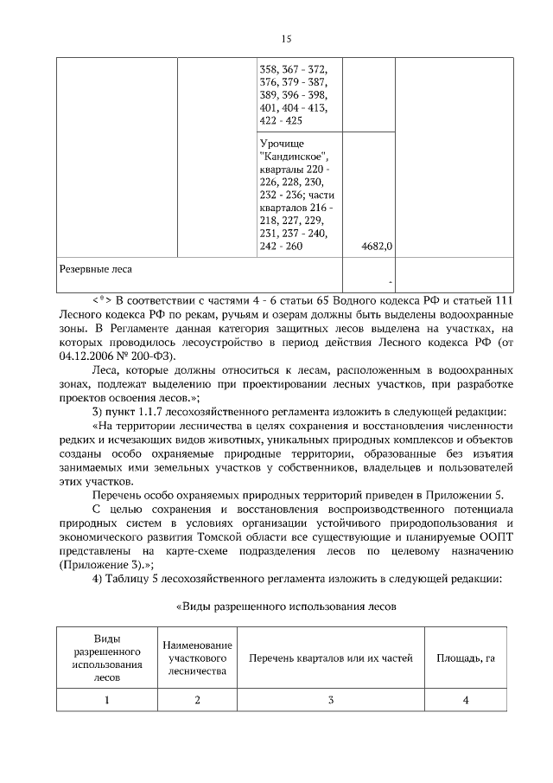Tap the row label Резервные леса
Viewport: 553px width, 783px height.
tap(95, 269)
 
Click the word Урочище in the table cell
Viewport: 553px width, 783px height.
tap(282, 143)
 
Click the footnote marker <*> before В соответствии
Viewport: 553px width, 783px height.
tap(103, 298)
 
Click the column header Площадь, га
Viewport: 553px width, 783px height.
tap(465, 659)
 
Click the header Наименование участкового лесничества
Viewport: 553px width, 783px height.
tap(197, 659)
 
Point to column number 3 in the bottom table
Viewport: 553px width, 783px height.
tap(331, 700)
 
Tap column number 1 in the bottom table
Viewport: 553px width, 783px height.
tap(107, 700)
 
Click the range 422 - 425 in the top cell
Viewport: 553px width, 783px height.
tap(281, 121)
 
